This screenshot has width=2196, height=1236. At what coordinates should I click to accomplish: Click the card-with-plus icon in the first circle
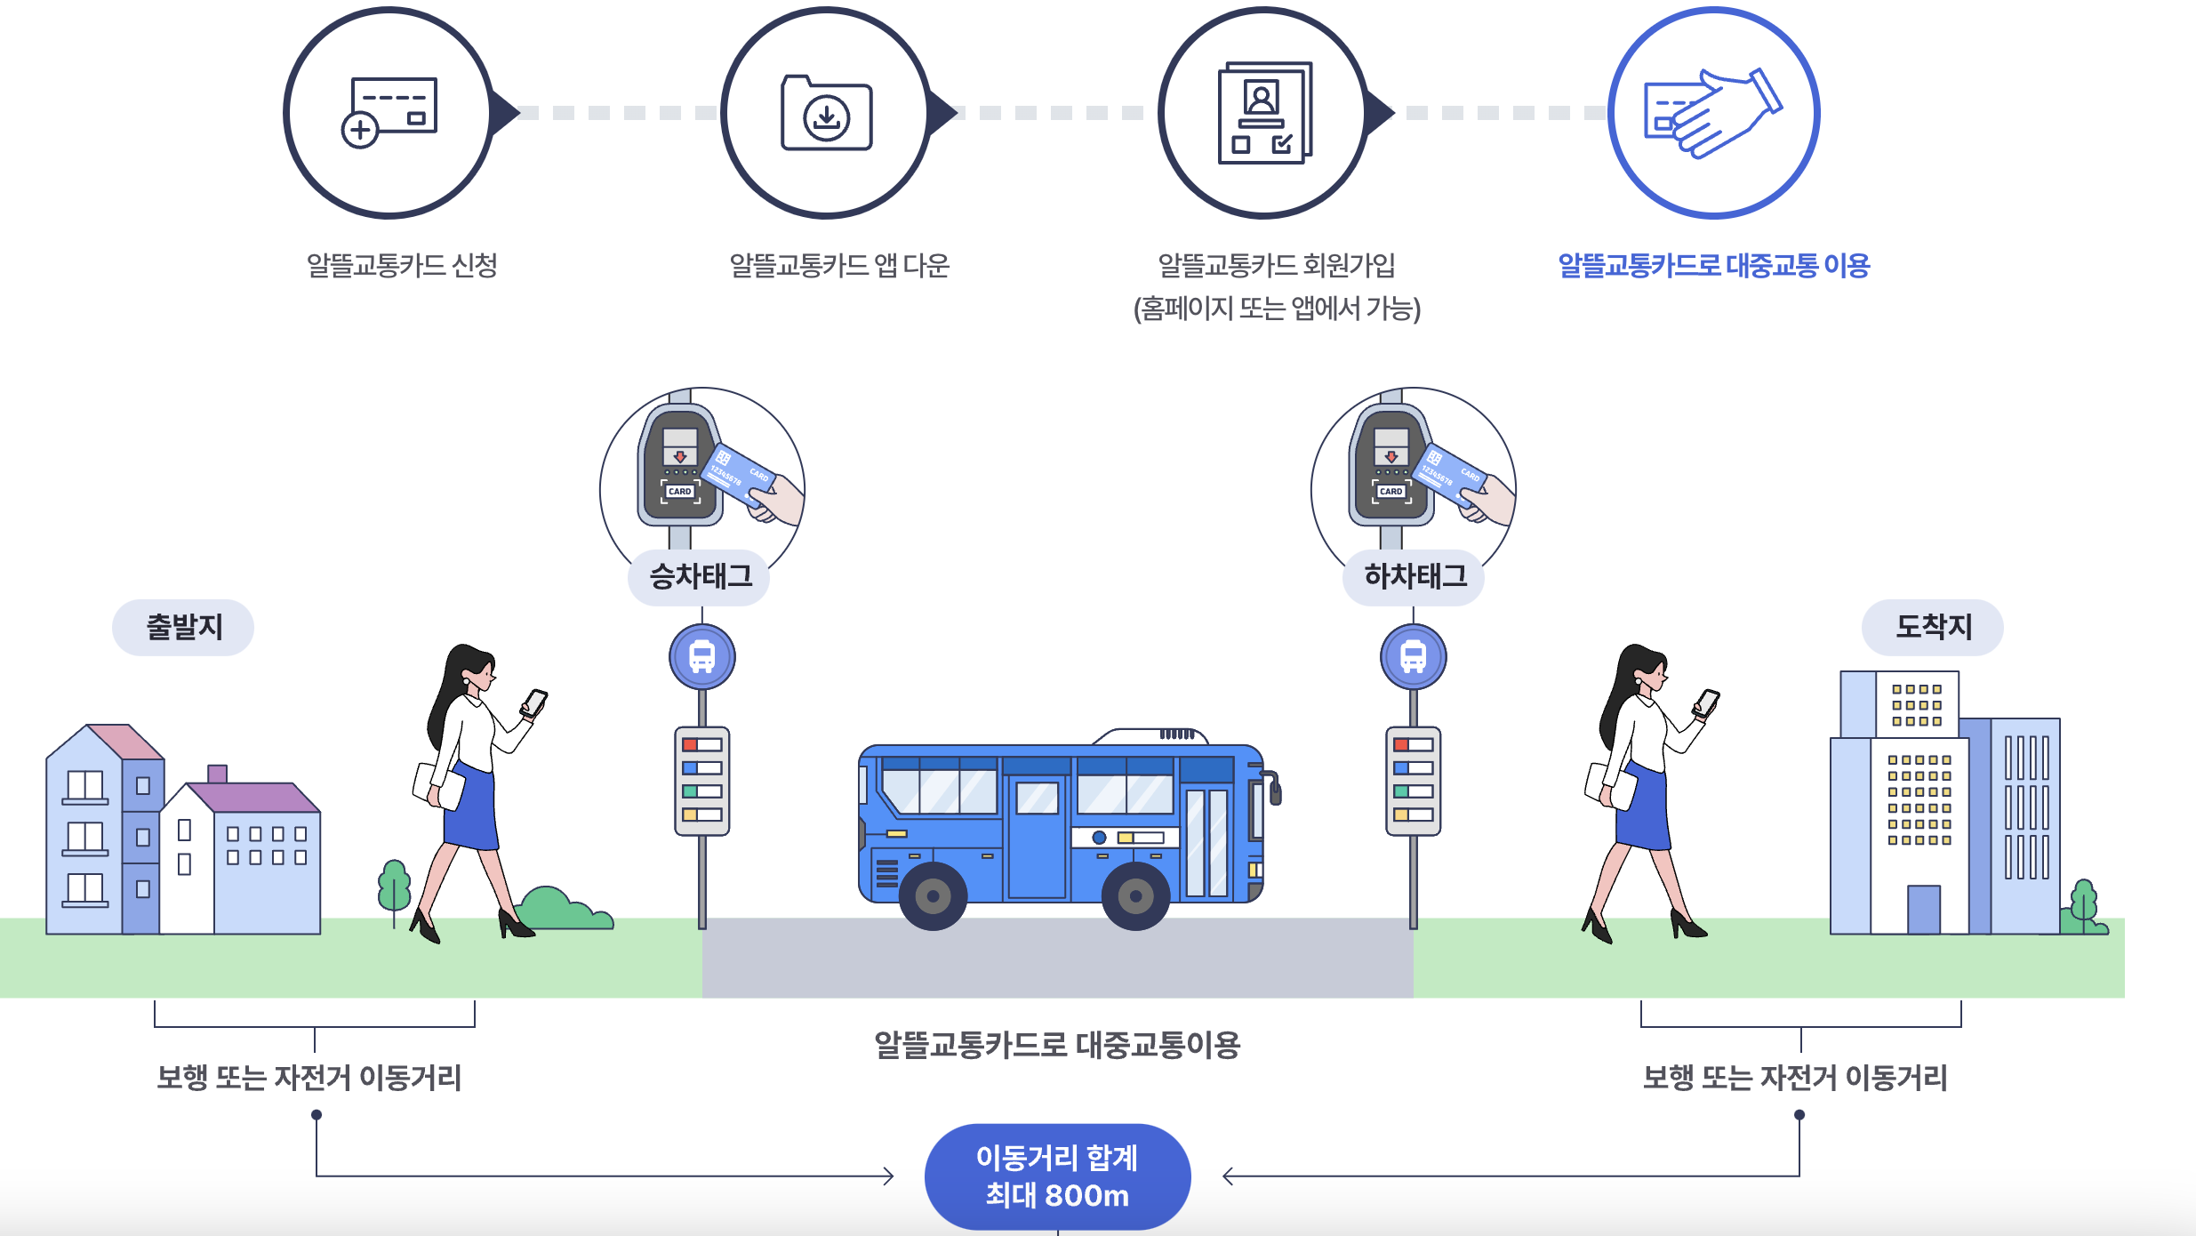pyautogui.click(x=389, y=112)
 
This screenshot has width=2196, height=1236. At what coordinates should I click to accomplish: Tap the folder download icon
pyautogui.click(x=826, y=113)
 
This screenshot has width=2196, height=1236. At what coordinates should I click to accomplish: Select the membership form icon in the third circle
pyautogui.click(x=1263, y=113)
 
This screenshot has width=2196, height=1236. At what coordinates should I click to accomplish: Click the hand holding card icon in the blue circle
pyautogui.click(x=1712, y=113)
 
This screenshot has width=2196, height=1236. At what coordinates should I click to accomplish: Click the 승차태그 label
pyautogui.click(x=700, y=577)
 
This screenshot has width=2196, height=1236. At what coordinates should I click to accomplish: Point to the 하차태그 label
pyautogui.click(x=1415, y=577)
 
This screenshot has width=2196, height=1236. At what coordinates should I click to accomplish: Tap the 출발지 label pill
pyautogui.click(x=183, y=628)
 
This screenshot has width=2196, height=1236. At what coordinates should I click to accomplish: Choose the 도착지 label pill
pyautogui.click(x=1933, y=628)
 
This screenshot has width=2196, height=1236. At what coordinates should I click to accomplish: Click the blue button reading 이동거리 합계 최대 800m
pyautogui.click(x=1057, y=1176)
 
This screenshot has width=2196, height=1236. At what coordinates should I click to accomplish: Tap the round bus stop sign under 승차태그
pyautogui.click(x=702, y=657)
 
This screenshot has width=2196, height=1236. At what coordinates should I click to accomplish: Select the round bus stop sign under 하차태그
pyautogui.click(x=1414, y=657)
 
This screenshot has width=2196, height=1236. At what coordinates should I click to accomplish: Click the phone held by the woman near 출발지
pyautogui.click(x=534, y=702)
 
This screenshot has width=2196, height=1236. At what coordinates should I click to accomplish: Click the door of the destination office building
pyautogui.click(x=1924, y=909)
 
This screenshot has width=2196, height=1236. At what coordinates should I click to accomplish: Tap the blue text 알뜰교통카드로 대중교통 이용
pyautogui.click(x=1713, y=265)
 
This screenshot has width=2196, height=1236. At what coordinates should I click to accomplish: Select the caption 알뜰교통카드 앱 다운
pyautogui.click(x=839, y=265)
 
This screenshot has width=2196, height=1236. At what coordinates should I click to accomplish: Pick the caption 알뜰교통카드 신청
pyautogui.click(x=402, y=265)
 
